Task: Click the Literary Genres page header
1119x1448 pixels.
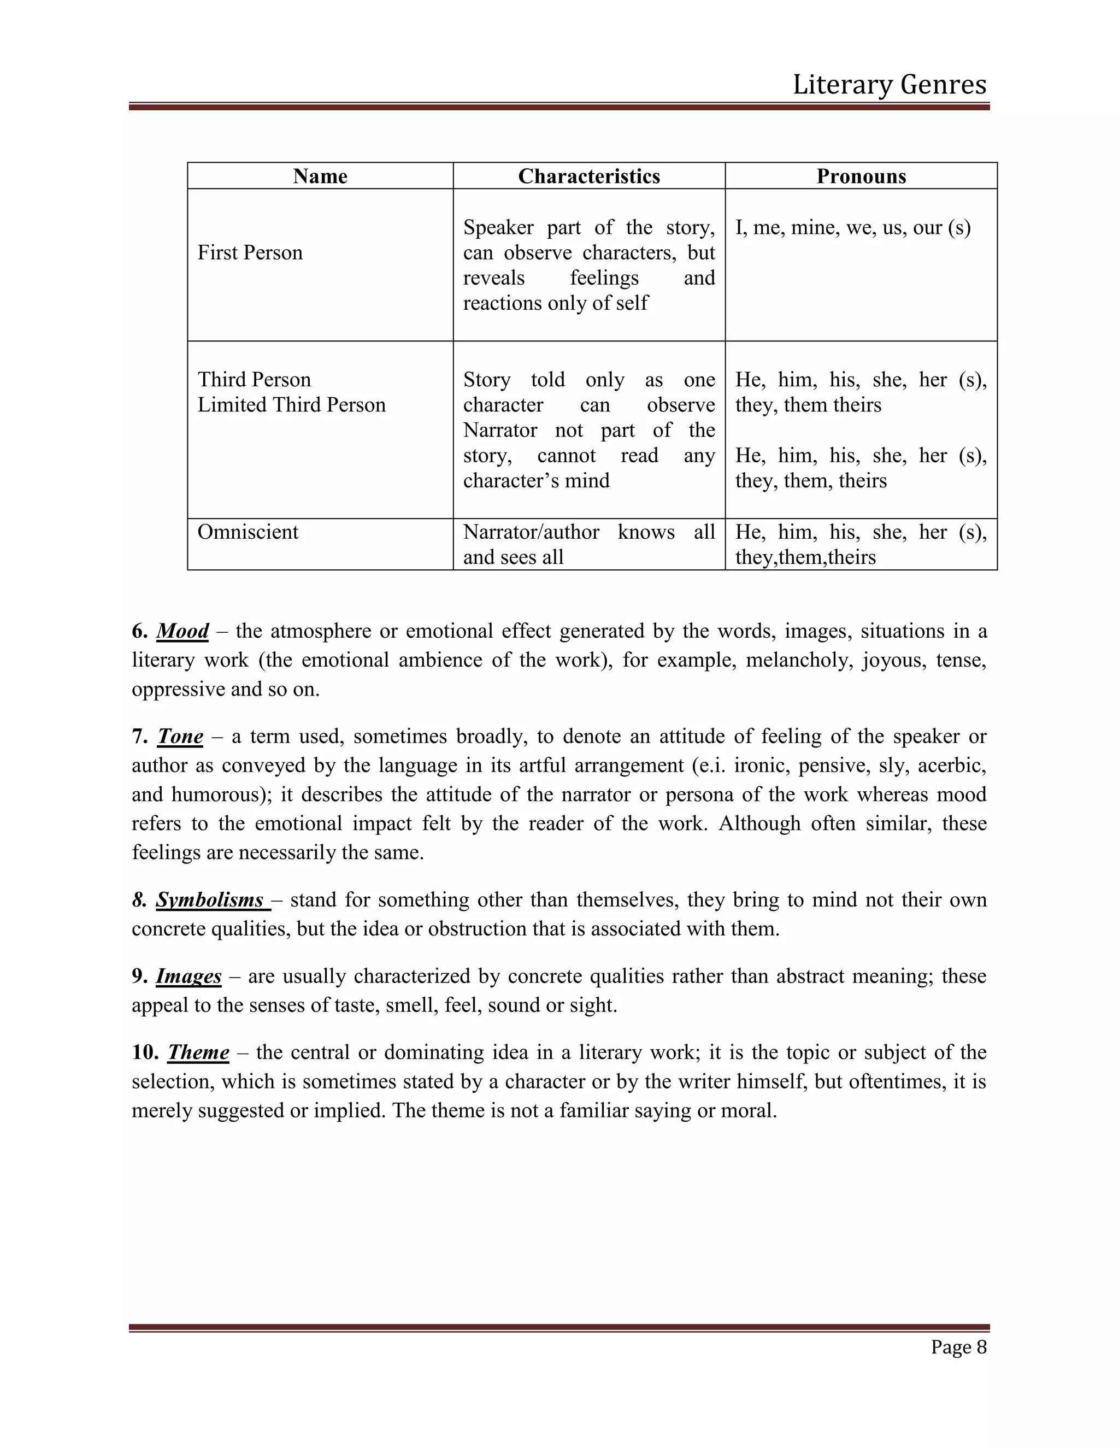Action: tap(889, 85)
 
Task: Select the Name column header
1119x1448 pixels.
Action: tap(320, 176)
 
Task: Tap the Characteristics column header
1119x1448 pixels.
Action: tap(588, 176)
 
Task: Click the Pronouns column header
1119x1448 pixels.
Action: tap(861, 176)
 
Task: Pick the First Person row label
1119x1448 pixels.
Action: tap(250, 252)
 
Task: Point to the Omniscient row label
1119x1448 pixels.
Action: tap(248, 532)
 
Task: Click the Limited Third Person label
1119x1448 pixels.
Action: tap(291, 405)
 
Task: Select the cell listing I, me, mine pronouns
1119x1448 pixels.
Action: tap(852, 228)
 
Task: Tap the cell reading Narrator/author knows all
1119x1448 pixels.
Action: tap(588, 544)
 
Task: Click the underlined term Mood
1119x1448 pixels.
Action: tap(182, 631)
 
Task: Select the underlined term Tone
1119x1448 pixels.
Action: tap(180, 737)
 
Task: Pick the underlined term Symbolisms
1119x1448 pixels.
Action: tap(210, 900)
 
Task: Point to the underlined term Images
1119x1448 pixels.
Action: tap(189, 976)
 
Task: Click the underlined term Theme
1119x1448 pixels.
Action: tap(198, 1052)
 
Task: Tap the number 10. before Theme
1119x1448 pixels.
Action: tap(145, 1052)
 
